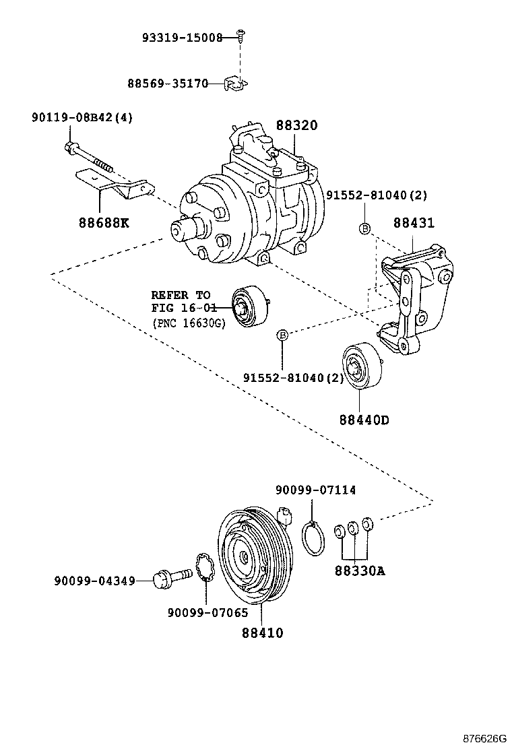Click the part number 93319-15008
click(181, 38)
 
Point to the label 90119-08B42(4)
click(82, 117)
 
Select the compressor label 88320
click(296, 126)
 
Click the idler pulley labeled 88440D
click(362, 368)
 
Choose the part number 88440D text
click(364, 420)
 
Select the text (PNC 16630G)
click(188, 323)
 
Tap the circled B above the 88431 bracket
click(364, 228)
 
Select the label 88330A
click(359, 571)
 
